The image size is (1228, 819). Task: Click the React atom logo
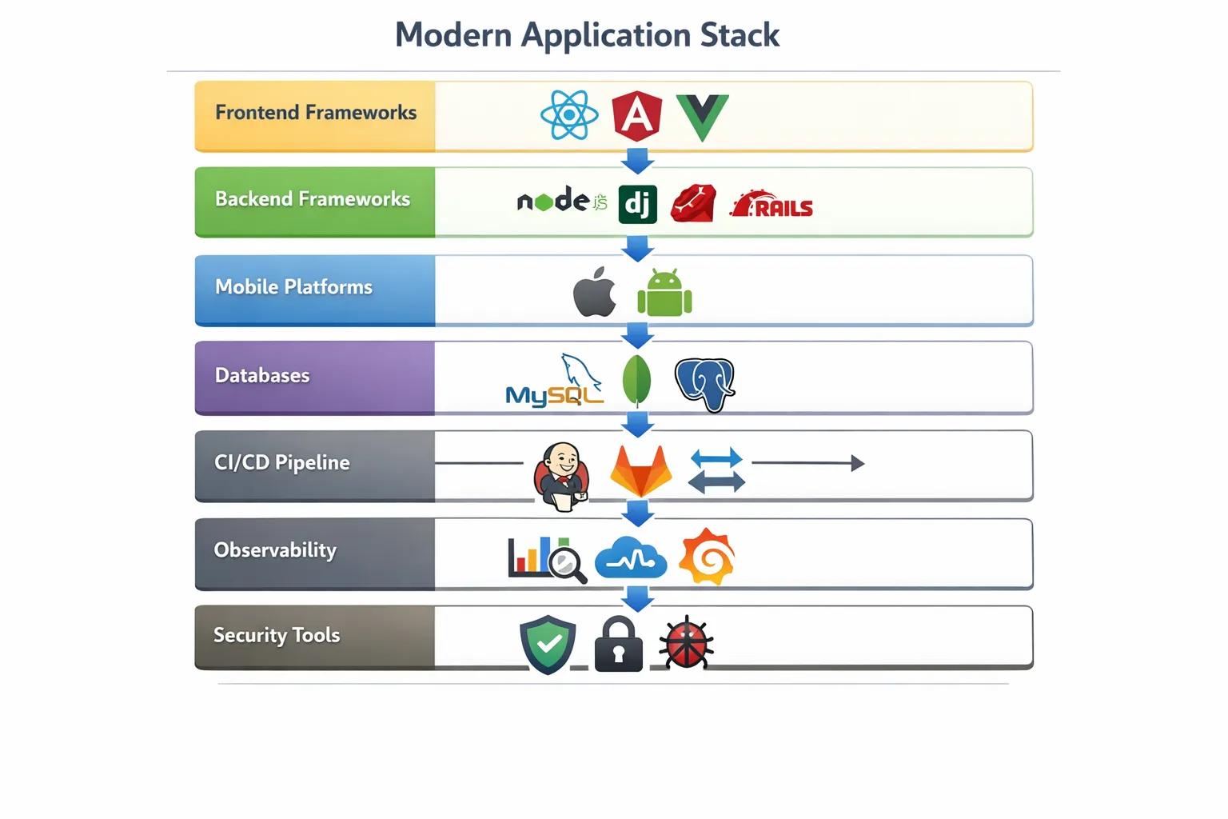(x=569, y=115)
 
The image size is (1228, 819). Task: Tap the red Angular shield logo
(x=636, y=116)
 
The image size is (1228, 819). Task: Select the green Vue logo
(x=702, y=116)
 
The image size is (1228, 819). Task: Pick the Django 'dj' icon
(x=637, y=205)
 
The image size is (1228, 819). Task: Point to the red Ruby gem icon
(x=693, y=203)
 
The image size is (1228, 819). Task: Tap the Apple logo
(x=595, y=292)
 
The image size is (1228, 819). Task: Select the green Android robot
(x=664, y=294)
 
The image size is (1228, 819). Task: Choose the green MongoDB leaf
(x=636, y=380)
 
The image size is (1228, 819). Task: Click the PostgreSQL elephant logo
(x=704, y=383)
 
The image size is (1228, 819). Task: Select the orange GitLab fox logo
(x=640, y=471)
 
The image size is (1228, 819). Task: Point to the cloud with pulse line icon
(x=631, y=557)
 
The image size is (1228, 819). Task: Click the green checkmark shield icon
(x=548, y=643)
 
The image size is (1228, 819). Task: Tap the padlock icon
(x=619, y=645)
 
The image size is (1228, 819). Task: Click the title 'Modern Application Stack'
(x=587, y=35)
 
